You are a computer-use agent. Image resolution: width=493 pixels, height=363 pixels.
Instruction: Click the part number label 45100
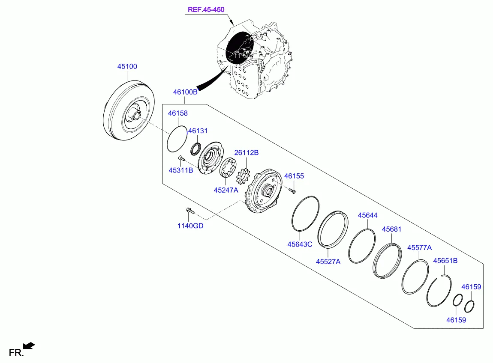127,66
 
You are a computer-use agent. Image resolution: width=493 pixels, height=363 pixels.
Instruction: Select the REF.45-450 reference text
206,9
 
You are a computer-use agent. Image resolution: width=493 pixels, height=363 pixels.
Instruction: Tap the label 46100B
185,92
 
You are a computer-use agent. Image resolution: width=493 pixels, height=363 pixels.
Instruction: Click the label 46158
178,113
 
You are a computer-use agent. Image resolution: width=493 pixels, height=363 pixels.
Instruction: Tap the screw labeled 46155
293,190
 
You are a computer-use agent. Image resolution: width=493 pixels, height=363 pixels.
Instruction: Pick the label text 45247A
226,190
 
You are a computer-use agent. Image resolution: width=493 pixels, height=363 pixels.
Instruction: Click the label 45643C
300,244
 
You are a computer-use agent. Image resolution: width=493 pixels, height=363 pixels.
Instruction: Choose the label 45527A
328,261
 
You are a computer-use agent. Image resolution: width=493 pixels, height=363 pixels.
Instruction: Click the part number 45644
368,215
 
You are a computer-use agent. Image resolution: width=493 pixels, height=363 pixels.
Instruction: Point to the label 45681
391,229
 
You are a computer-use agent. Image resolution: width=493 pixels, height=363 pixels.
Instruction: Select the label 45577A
419,247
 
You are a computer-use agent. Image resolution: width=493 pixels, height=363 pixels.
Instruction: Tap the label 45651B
445,260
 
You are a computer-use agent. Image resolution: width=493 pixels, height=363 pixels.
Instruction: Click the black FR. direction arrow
29,345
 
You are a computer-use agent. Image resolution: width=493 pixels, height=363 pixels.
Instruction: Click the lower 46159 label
456,320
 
